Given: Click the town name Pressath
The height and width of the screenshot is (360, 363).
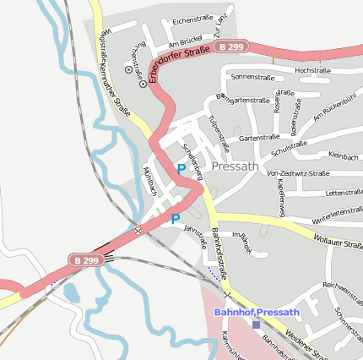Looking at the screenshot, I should tap(236, 166).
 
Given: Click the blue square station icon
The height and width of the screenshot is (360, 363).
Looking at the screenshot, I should tap(256, 325).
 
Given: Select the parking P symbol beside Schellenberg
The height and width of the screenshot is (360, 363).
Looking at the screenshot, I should tap(181, 170).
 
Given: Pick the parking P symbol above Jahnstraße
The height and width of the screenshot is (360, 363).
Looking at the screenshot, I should tap(176, 219).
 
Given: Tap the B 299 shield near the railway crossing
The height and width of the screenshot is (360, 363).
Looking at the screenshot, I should tap(86, 261).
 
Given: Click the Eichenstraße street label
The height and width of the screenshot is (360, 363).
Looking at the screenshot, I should tap(191, 19).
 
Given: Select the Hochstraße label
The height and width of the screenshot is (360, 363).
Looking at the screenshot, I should tap(312, 70).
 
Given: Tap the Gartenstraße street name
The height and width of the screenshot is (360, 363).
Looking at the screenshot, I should tap(259, 137).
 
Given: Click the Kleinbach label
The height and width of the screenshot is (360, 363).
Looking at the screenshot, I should tap(343, 155).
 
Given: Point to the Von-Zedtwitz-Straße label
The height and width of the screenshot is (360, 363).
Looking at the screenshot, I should tap(297, 173).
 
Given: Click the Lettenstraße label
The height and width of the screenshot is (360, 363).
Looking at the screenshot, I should tap(343, 192).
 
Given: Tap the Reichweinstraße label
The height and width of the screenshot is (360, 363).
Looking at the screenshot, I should tap(342, 286).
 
